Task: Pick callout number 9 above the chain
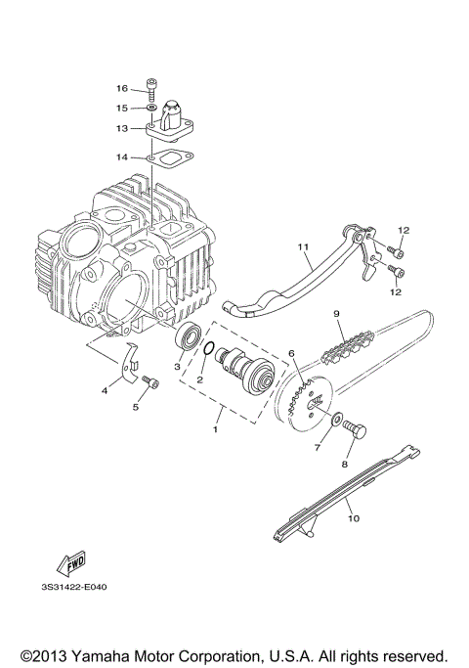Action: point(336,314)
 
